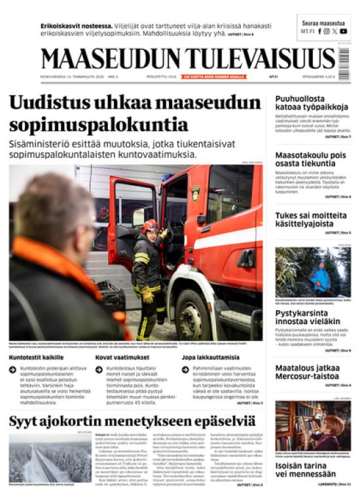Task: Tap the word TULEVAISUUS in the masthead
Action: [257, 59]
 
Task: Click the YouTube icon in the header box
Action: [344, 31]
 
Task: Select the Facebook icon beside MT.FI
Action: [319, 31]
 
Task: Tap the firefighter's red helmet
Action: [151, 225]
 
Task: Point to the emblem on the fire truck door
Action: [195, 192]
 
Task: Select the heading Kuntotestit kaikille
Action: [36, 357]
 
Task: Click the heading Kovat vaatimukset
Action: [122, 357]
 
